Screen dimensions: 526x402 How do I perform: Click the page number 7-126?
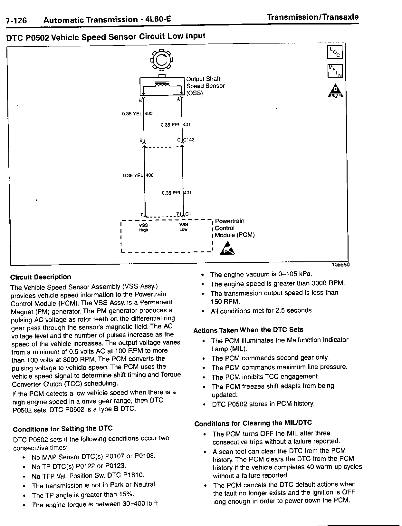(x=16, y=21)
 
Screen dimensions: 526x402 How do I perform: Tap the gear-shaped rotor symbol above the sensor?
(x=162, y=59)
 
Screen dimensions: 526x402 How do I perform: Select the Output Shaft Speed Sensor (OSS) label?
(x=205, y=86)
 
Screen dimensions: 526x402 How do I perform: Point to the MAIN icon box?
(x=335, y=72)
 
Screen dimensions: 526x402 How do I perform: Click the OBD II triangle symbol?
(x=335, y=92)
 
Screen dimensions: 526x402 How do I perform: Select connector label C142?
(x=189, y=140)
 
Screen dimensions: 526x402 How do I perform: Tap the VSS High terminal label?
(x=143, y=227)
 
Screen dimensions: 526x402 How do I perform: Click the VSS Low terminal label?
(x=183, y=227)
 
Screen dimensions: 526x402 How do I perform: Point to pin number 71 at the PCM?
(x=178, y=214)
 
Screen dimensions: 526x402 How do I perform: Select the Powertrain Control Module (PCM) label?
(x=235, y=228)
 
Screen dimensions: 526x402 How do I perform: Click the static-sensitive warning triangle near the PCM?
(x=227, y=248)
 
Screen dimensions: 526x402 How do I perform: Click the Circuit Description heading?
(x=41, y=277)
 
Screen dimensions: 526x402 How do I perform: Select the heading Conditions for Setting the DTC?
(x=63, y=429)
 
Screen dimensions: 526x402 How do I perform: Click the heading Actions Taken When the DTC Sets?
(x=248, y=330)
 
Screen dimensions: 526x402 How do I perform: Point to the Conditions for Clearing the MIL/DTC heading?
(x=253, y=423)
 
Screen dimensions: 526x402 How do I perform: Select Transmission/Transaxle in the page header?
(x=313, y=17)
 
